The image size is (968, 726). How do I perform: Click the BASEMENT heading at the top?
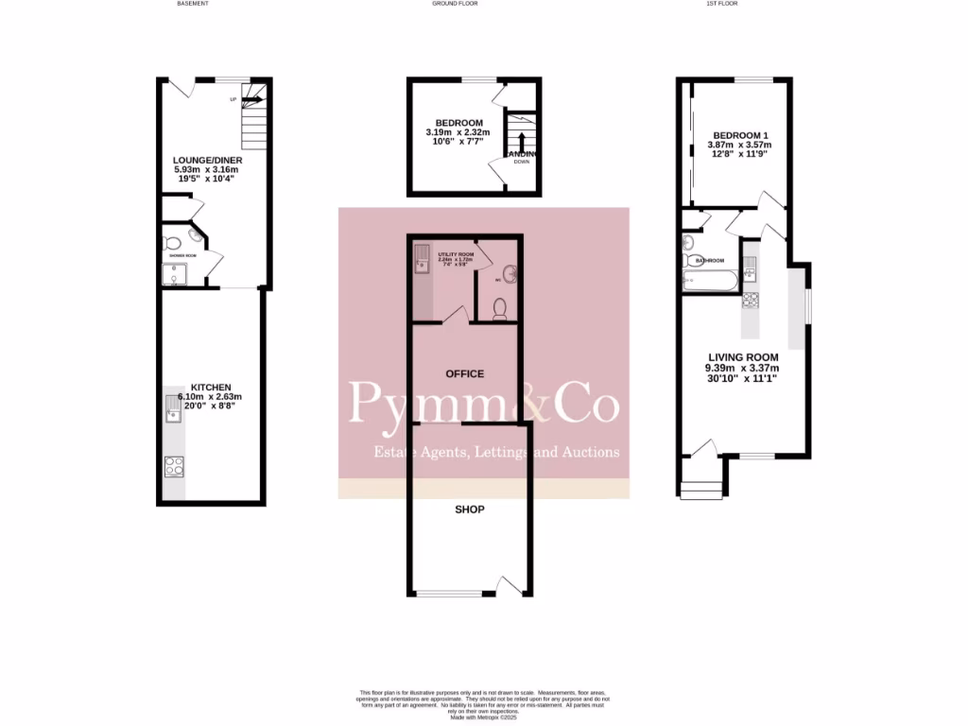click(x=193, y=4)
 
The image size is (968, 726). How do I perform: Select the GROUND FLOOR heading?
click(x=455, y=4)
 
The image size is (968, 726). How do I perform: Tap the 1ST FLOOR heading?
click(x=721, y=4)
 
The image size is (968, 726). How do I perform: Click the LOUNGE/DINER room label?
click(x=207, y=161)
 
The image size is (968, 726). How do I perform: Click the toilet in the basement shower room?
click(x=172, y=243)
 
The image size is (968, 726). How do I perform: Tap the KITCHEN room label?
click(x=211, y=387)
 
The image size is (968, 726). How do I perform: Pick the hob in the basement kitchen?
click(x=174, y=465)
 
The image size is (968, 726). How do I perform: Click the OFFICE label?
click(x=464, y=374)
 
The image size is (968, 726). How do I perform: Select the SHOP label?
click(x=470, y=510)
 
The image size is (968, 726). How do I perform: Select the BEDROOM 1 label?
click(x=739, y=136)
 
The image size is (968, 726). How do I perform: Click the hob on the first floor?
click(x=752, y=301)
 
